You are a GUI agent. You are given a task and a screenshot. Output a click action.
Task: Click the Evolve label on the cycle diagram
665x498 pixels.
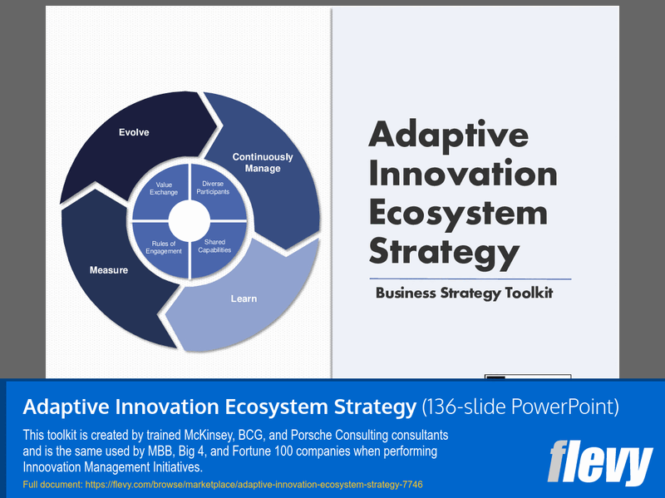pyautogui.click(x=134, y=132)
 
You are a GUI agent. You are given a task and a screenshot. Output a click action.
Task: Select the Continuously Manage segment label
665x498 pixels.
pyautogui.click(x=263, y=162)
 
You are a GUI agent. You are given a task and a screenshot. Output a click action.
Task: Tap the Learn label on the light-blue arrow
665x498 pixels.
pyautogui.click(x=244, y=298)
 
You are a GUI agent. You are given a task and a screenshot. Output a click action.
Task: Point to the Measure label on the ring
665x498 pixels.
pyautogui.click(x=109, y=270)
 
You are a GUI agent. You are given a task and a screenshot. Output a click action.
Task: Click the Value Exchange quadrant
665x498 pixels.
pyautogui.click(x=164, y=188)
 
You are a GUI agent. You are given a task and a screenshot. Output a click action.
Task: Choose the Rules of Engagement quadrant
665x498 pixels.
pyautogui.click(x=163, y=247)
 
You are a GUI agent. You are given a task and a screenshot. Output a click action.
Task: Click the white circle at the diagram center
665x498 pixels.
pyautogui.click(x=190, y=220)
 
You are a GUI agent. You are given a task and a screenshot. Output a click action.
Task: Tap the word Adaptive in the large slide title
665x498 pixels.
pyautogui.click(x=448, y=136)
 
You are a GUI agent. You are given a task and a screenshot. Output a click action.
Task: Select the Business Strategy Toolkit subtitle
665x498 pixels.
pyautogui.click(x=464, y=293)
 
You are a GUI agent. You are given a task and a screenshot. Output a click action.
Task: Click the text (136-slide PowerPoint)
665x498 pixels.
pyautogui.click(x=520, y=407)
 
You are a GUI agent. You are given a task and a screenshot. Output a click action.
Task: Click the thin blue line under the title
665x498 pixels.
pyautogui.click(x=470, y=278)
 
